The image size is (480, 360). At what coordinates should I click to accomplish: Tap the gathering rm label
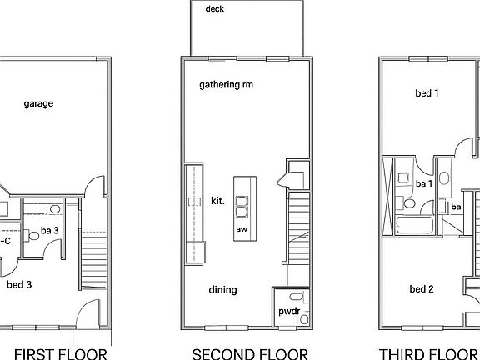pos(226,85)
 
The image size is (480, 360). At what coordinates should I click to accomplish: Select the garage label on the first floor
pos(38,104)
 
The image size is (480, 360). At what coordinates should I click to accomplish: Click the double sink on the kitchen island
pos(242,201)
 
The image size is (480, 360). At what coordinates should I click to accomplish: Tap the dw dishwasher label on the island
pos(242,227)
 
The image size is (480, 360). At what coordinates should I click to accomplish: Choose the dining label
pos(223,290)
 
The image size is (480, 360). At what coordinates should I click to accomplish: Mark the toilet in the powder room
pos(292,297)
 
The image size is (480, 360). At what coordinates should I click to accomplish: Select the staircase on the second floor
pos(297,221)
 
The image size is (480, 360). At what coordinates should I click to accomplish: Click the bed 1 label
pos(427,93)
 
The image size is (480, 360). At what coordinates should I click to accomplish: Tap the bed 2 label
pos(422,289)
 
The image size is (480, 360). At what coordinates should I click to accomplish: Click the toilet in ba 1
pos(409,202)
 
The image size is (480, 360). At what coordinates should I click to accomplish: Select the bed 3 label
pos(19,284)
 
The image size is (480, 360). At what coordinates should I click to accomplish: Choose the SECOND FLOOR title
pos(249,353)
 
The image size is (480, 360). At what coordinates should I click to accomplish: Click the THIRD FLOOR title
pos(429,353)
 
